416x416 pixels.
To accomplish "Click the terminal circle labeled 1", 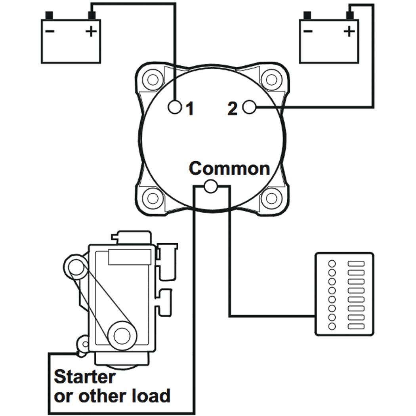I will tap(175, 107).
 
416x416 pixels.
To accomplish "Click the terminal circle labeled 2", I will tap(249, 107).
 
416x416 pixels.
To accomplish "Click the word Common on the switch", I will tap(229, 168).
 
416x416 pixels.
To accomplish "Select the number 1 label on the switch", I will tap(190, 109).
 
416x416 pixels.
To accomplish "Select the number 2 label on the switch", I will tap(233, 109).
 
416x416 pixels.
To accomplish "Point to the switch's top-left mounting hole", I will tap(152, 80).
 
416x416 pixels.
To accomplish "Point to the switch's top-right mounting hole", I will tap(271, 80).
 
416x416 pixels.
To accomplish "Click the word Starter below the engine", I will tap(84, 377).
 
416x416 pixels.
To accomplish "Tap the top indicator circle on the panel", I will tap(332, 263).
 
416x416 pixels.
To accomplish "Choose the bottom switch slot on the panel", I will tap(355, 327).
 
